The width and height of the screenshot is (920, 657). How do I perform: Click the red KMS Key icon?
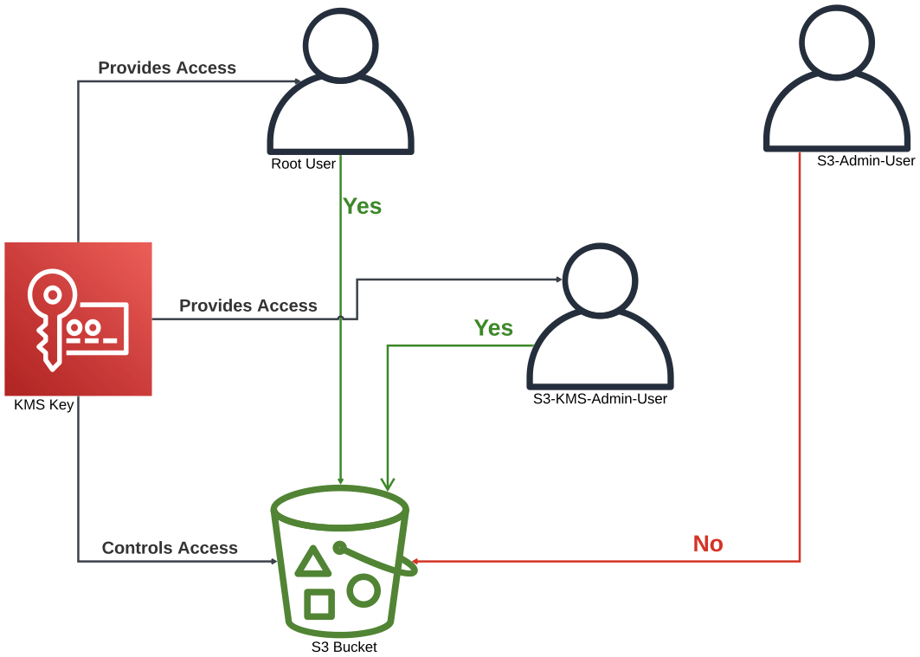(78, 319)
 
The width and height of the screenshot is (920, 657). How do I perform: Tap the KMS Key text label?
(43, 405)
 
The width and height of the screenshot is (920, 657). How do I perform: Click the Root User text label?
(303, 164)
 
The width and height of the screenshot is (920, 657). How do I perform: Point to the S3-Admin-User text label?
(865, 161)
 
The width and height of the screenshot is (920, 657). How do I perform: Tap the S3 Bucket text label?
(344, 647)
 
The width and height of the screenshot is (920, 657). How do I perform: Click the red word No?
(708, 544)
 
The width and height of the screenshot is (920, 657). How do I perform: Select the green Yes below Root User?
(363, 207)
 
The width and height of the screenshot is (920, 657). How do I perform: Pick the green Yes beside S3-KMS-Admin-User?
(493, 328)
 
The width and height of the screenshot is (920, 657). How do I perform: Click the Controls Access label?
(170, 548)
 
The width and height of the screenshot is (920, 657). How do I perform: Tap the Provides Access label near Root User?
(167, 68)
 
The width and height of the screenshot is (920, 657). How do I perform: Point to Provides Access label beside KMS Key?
(248, 306)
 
